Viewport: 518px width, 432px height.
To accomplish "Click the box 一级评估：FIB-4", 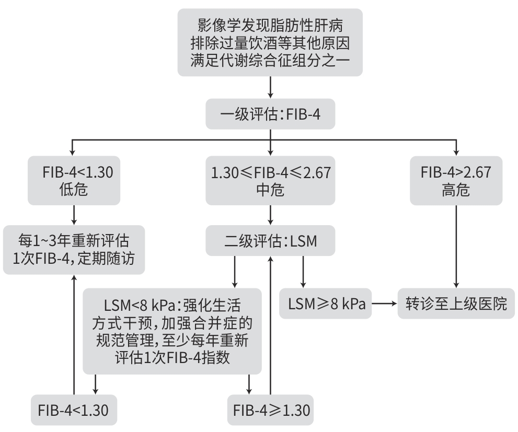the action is (270, 114).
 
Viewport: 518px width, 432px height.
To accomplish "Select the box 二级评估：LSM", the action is (270, 241).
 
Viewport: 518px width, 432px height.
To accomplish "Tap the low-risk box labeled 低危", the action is (74, 181).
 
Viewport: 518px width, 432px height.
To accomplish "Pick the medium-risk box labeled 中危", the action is (270, 181).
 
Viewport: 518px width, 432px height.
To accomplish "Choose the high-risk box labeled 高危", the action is (456, 181).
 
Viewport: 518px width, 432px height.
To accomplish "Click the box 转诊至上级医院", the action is (456, 303).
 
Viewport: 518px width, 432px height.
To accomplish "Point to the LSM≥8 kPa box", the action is (326, 303).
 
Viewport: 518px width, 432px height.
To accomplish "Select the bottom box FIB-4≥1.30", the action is (270, 410).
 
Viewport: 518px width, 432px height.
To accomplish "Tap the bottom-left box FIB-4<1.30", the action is (74, 410).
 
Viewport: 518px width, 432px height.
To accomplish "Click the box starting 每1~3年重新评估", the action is (74, 250).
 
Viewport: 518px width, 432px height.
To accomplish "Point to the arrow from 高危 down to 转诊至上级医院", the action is (456, 247).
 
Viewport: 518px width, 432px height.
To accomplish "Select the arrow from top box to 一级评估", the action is (271, 87).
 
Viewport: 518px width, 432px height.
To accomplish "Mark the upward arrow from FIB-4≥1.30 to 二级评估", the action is (271, 325).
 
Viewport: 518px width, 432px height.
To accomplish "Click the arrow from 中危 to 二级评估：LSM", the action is (271, 215).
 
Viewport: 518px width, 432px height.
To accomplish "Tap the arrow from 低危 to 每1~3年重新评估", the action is (74, 215).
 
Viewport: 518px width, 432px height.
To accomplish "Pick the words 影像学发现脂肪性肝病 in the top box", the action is (270, 25).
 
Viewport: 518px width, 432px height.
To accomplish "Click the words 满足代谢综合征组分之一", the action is (270, 61).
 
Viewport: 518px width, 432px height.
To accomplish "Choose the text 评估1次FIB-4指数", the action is (172, 357).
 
